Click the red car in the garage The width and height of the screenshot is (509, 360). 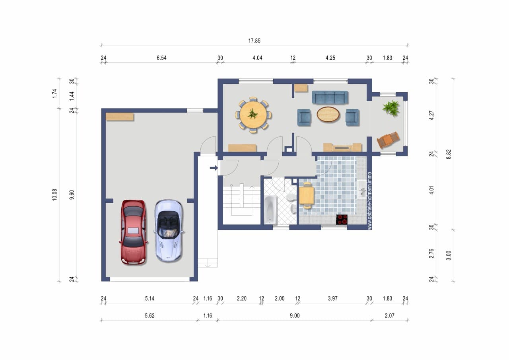pos(133,232)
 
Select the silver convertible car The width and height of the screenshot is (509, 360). pos(168,231)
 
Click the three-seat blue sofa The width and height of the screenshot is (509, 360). pos(330,97)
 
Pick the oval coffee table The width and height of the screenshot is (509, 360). pos(328,114)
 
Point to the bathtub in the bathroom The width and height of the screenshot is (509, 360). pos(270,210)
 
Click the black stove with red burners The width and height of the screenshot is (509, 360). pos(342,220)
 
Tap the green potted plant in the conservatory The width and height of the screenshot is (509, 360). pos(391,108)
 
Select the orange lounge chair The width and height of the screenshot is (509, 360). pos(388,140)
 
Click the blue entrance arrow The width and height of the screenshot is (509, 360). pos(214,168)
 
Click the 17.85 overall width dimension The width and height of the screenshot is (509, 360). pos(254,41)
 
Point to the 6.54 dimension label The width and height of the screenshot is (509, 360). pos(161,58)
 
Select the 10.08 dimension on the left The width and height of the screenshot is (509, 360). pos(54,195)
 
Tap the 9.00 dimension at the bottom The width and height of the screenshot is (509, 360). pos(295,316)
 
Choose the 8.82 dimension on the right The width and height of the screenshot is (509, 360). pos(448,154)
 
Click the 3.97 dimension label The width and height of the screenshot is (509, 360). pos(333,298)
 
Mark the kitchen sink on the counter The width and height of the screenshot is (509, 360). pos(361,189)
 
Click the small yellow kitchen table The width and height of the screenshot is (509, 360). pos(307,195)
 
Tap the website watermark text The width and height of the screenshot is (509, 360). pos(369,201)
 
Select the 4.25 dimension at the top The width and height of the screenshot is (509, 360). pos(330,58)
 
